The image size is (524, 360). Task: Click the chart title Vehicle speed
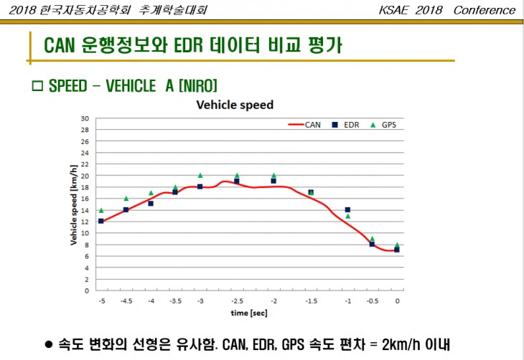pyautogui.click(x=235, y=105)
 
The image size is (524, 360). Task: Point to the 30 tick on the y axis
pyautogui.click(x=85, y=118)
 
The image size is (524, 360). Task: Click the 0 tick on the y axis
pyautogui.click(x=87, y=290)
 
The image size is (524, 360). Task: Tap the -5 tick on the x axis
pyautogui.click(x=101, y=301)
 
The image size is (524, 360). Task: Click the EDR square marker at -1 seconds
pyautogui.click(x=347, y=210)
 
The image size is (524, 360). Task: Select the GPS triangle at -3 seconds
pyautogui.click(x=200, y=175)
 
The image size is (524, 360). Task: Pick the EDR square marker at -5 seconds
pyautogui.click(x=101, y=221)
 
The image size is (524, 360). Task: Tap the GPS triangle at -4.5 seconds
pyautogui.click(x=126, y=199)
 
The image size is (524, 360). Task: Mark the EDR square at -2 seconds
pyautogui.click(x=273, y=181)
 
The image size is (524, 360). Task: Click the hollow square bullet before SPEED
pyautogui.click(x=38, y=86)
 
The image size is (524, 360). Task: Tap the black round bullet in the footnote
pyautogui.click(x=49, y=345)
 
